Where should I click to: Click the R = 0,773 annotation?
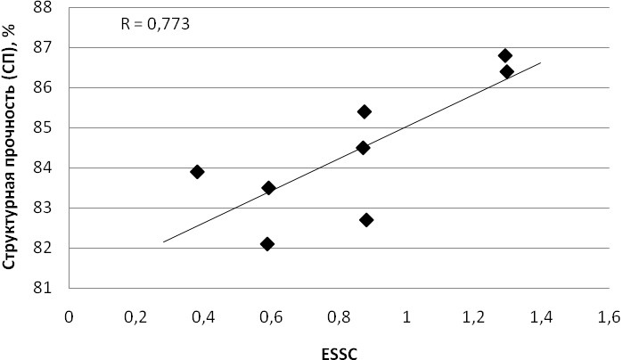[x=155, y=24]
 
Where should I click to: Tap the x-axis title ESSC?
[x=340, y=354]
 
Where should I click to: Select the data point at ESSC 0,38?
[x=197, y=172]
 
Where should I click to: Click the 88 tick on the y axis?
[x=43, y=7]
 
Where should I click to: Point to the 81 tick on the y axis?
[x=43, y=288]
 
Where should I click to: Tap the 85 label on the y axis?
[x=43, y=127]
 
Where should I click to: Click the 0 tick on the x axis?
[x=69, y=317]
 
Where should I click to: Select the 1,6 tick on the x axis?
[x=609, y=317]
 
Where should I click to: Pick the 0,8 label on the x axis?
[x=339, y=317]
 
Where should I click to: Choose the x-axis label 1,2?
[x=474, y=317]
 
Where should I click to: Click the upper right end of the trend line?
[x=541, y=62]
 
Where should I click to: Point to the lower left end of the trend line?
[x=163, y=241]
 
